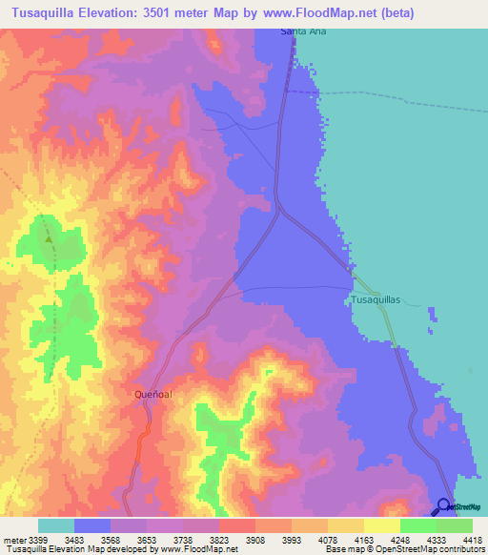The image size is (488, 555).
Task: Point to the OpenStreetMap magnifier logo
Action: [x=443, y=506]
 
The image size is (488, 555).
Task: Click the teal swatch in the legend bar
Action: [x=56, y=525]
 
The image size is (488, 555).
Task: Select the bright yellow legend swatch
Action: [x=381, y=525]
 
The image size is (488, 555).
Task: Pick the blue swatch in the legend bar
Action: [x=92, y=525]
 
